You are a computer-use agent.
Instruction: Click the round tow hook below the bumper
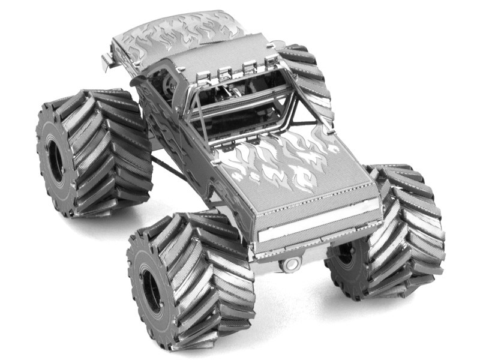(291, 264)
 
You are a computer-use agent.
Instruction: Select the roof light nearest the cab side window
(204, 76)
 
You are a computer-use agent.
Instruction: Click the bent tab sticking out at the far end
(106, 59)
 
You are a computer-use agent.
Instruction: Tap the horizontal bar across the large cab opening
(240, 99)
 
